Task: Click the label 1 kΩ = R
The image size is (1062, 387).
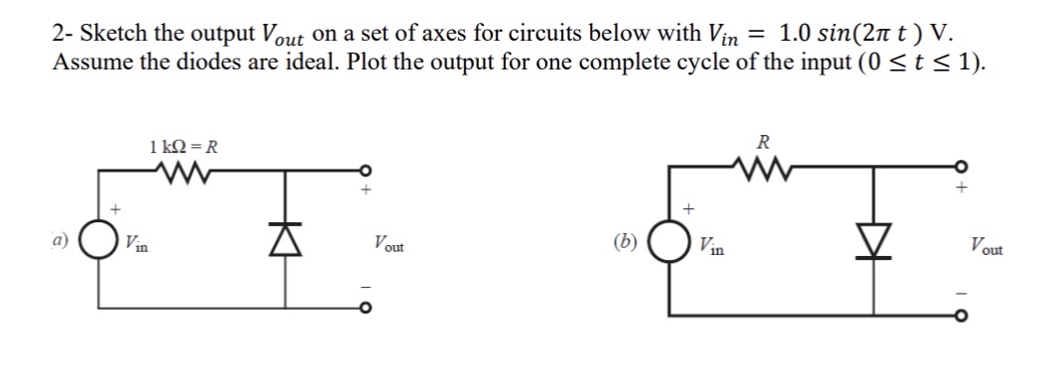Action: (x=183, y=148)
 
